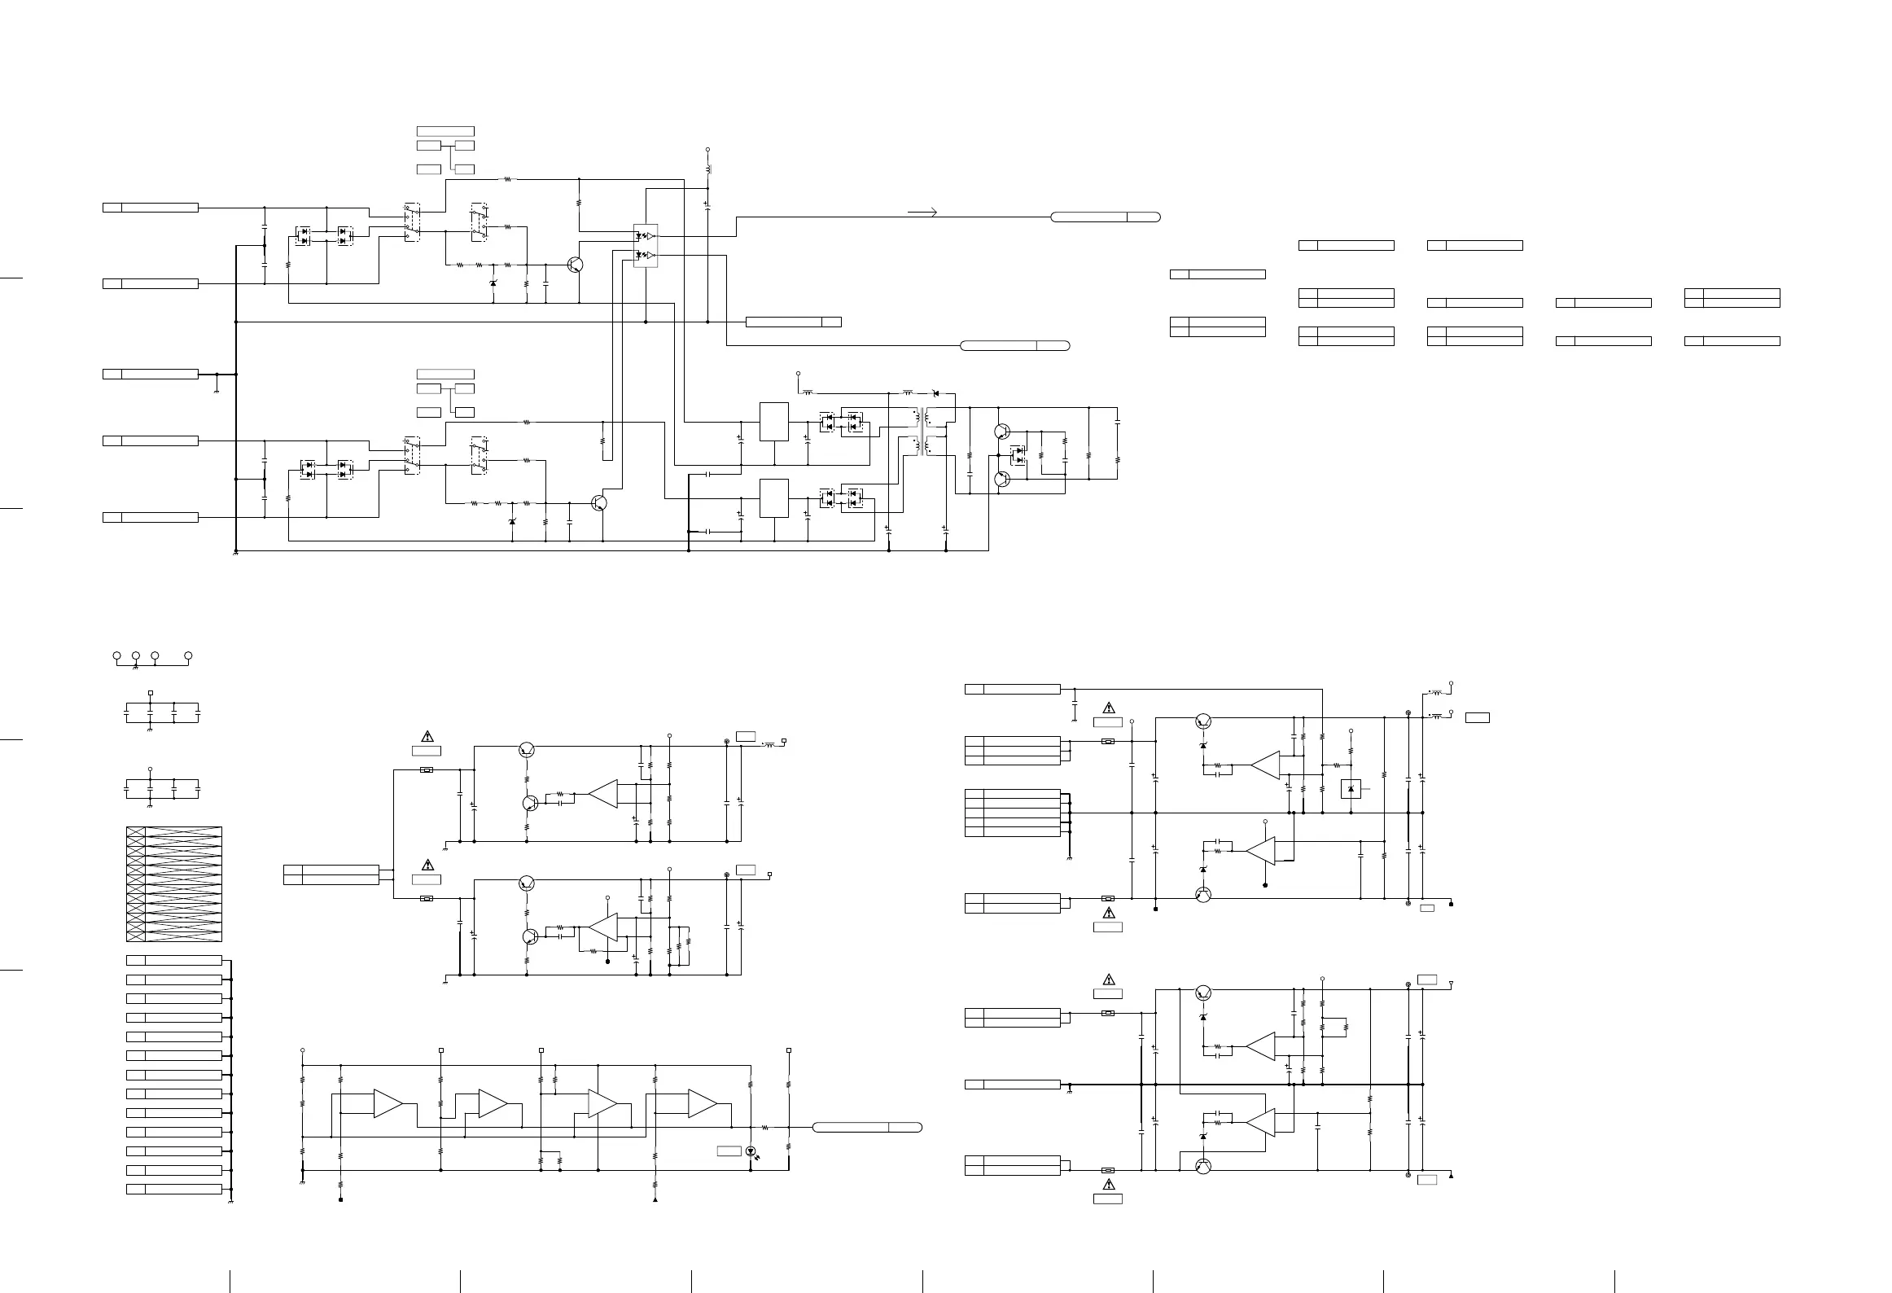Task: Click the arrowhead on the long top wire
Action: click(934, 213)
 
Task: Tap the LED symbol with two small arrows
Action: click(751, 1151)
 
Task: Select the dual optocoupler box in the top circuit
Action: click(645, 245)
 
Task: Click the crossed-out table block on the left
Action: click(174, 884)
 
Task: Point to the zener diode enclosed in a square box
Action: click(1351, 788)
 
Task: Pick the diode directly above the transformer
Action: click(935, 393)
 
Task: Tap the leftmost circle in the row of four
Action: click(116, 655)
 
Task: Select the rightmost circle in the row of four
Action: click(188, 655)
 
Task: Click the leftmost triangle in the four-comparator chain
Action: click(388, 1103)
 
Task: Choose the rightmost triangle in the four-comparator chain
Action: click(702, 1103)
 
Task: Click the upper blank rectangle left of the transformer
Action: click(773, 422)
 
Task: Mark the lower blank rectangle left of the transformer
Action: click(773, 498)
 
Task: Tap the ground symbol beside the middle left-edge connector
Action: click(217, 391)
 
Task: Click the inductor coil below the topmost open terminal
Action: click(707, 170)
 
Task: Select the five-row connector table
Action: click(1013, 813)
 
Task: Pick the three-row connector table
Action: click(1013, 751)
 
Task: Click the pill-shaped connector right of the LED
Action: click(867, 1127)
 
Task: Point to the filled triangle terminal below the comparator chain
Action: click(655, 1199)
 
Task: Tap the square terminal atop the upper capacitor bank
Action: click(151, 693)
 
